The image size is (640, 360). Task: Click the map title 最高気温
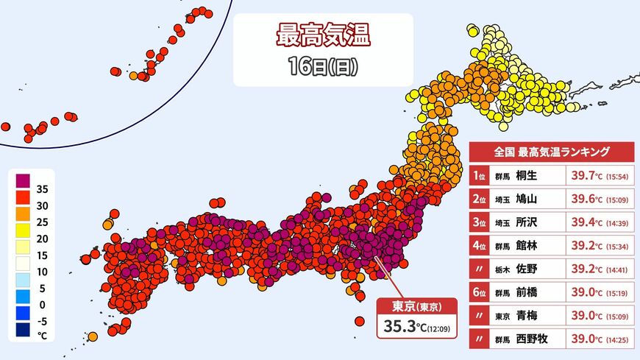(x=321, y=34)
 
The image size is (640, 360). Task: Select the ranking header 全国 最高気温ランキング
(x=551, y=152)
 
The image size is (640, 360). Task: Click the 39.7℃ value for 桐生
(x=586, y=175)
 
